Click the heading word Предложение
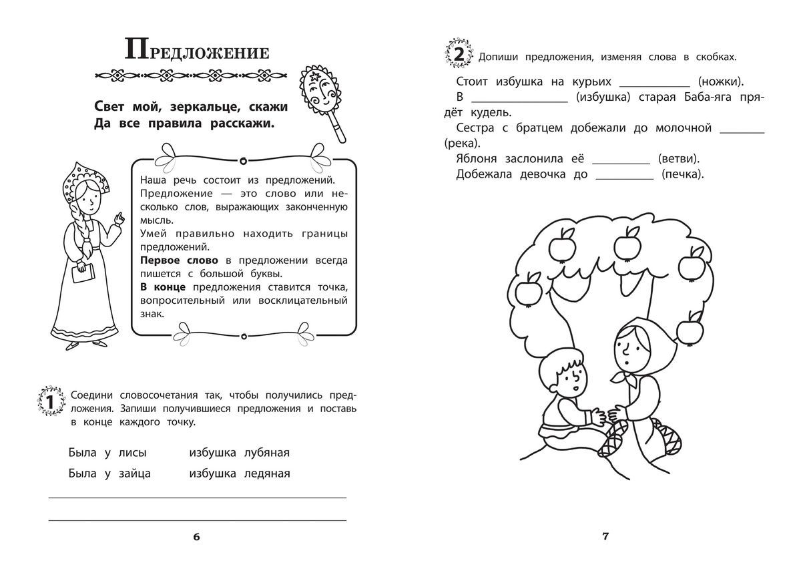(x=196, y=52)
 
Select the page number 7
(x=605, y=536)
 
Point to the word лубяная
(x=267, y=453)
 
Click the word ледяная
(x=267, y=474)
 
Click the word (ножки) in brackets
(x=721, y=81)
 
